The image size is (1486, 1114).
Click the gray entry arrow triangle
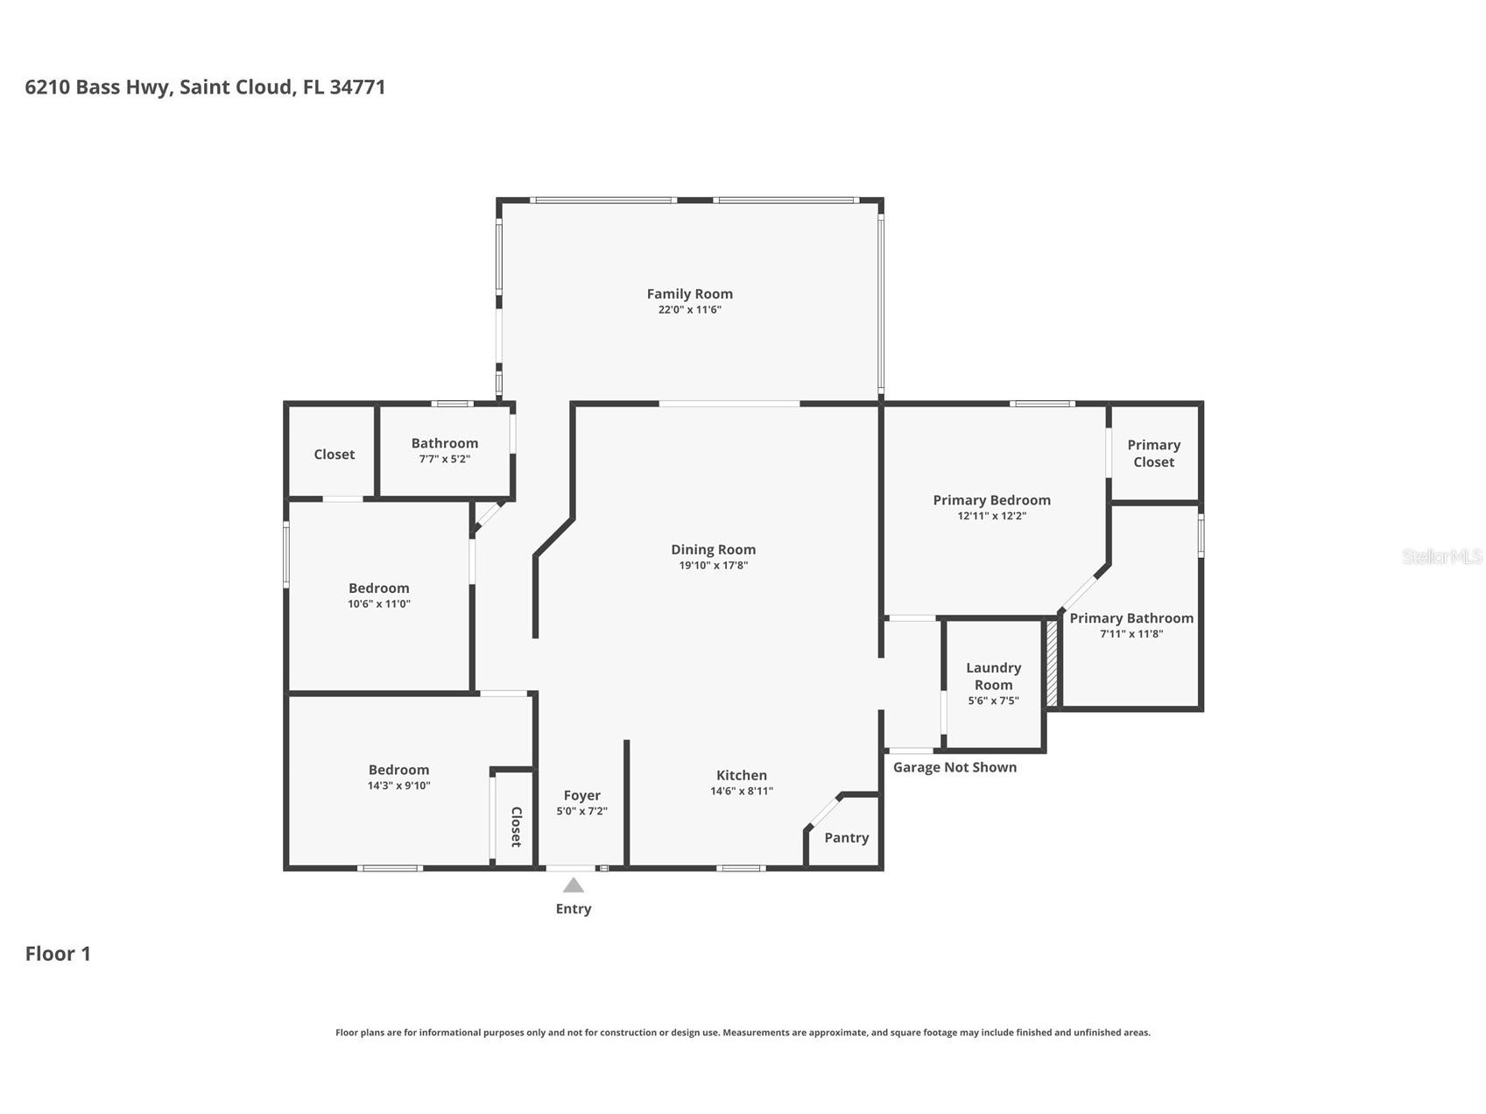[x=574, y=885]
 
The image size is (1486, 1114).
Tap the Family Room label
[x=690, y=294]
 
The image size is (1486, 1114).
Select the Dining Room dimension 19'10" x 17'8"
[x=714, y=566]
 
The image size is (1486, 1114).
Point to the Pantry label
[x=847, y=838]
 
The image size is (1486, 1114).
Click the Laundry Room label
[x=994, y=676]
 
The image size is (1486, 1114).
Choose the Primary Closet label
[x=1154, y=454]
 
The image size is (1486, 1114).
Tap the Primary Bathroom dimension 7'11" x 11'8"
[x=1131, y=634]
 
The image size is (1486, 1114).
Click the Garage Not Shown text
[x=955, y=767]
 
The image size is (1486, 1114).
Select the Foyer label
[x=582, y=795]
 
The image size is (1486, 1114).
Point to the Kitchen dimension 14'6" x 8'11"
[x=742, y=791]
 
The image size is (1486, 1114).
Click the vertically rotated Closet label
[x=516, y=827]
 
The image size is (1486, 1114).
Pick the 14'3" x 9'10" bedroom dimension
[x=399, y=786]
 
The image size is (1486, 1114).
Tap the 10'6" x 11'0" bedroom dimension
[x=379, y=603]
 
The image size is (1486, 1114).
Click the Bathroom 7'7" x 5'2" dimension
[x=445, y=459]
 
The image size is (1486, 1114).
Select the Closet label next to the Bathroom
[x=335, y=455]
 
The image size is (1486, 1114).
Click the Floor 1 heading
[x=58, y=954]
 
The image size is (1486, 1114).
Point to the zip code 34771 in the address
[x=357, y=87]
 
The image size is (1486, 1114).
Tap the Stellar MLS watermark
[x=1442, y=556]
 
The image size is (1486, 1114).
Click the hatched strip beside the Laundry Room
[x=1053, y=663]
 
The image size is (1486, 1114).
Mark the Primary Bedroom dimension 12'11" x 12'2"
[x=992, y=516]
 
